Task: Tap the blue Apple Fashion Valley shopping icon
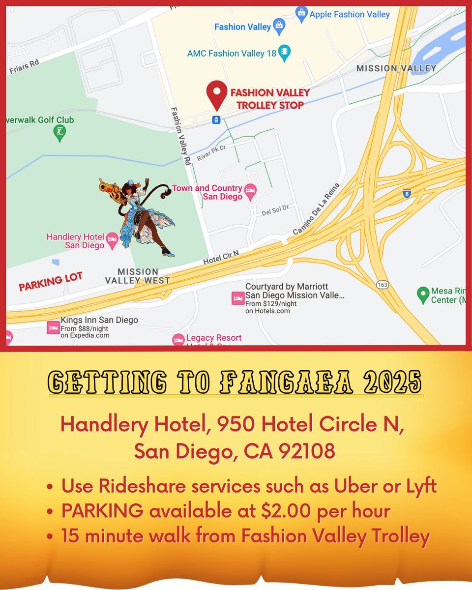point(301,13)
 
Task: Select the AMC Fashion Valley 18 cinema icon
point(284,52)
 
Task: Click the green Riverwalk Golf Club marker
point(60,133)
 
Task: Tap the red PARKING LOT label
point(50,282)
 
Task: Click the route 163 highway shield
point(382,285)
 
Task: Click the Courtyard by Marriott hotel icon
point(238,298)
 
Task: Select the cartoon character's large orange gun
point(111,189)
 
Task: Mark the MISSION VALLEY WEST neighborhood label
point(138,276)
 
